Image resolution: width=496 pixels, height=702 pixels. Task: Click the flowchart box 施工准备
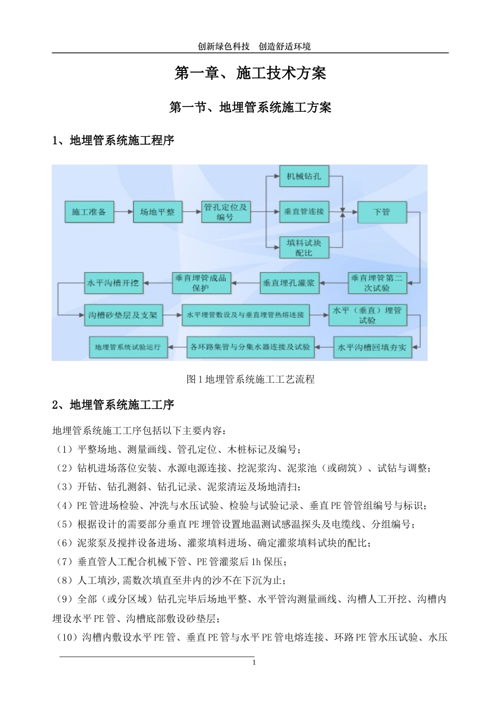(x=89, y=212)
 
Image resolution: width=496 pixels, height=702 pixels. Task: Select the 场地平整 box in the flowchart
(x=157, y=212)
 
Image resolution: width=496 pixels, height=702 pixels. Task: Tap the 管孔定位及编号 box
(x=225, y=212)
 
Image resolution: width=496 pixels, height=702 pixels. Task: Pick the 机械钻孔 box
(x=304, y=177)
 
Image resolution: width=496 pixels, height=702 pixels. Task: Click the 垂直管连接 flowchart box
(x=304, y=212)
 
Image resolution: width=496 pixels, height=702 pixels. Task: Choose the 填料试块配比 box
(x=304, y=248)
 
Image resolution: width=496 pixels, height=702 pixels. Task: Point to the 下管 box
(x=382, y=212)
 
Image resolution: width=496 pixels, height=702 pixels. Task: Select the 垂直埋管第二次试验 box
(x=376, y=283)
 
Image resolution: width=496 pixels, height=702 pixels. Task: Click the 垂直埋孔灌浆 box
(x=289, y=283)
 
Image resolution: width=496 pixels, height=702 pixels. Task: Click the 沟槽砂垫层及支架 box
(x=123, y=315)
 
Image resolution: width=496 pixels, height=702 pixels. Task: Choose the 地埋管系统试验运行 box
(x=128, y=347)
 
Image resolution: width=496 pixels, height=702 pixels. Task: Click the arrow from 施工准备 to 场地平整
(x=123, y=212)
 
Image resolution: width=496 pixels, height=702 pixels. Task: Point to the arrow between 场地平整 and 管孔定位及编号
(x=191, y=212)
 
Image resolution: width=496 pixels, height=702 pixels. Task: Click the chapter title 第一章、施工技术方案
(x=250, y=73)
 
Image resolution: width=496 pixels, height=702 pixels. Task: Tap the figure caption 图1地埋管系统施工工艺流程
(x=250, y=379)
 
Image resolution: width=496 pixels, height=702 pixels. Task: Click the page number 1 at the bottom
(x=254, y=663)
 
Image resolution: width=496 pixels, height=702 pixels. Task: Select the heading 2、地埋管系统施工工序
(x=113, y=405)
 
